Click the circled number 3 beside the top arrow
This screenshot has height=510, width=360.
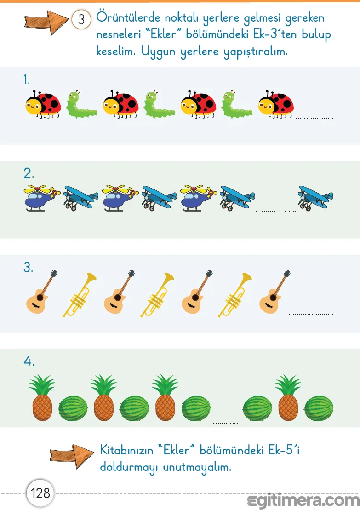point(81,19)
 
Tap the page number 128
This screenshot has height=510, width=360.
point(40,493)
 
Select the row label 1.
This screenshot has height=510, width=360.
point(27,80)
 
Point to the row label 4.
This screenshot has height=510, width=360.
point(29,361)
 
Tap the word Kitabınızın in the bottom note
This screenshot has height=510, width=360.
point(126,450)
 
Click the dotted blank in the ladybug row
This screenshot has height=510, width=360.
point(314,119)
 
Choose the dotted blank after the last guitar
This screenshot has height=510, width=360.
point(311,314)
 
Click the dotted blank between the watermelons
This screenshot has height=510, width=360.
point(226,423)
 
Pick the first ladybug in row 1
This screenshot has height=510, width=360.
point(43,104)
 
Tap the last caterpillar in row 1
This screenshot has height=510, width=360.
point(237,104)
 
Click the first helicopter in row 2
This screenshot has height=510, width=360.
point(42,198)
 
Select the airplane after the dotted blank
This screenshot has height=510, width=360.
point(315,198)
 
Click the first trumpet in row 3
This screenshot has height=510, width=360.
point(80,295)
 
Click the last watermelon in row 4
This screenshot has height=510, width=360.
point(319,408)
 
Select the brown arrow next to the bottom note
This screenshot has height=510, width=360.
point(72,456)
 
